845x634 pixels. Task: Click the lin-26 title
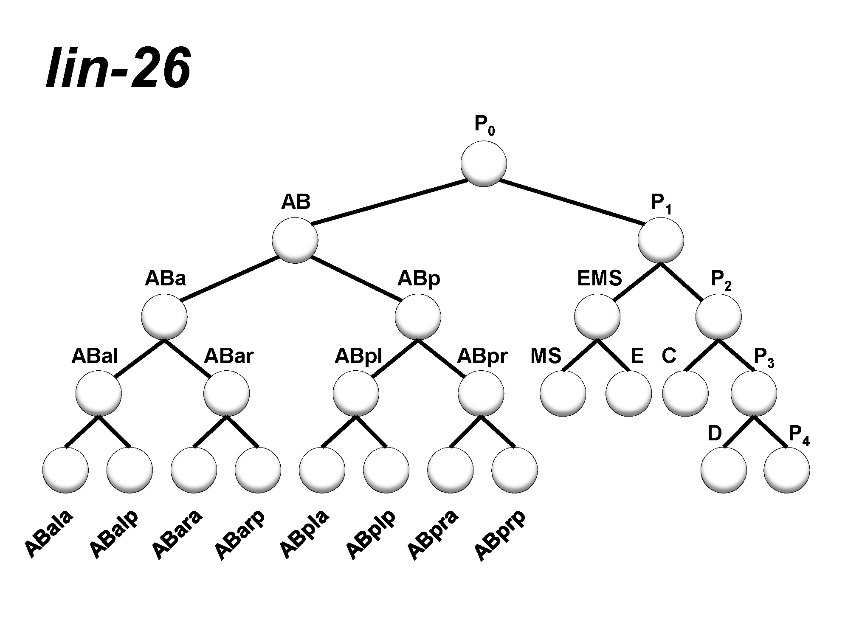click(x=118, y=68)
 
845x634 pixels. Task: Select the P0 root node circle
click(x=484, y=163)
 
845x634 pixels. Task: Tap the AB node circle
click(x=295, y=240)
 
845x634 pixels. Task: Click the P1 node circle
click(x=661, y=240)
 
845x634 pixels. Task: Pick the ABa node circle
click(x=164, y=317)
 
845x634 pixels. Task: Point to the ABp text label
click(x=419, y=279)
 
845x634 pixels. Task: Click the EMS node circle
click(x=597, y=317)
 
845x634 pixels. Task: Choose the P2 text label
click(x=721, y=280)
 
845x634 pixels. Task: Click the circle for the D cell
click(x=724, y=470)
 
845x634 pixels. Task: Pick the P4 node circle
click(x=786, y=470)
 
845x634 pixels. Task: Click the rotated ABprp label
click(x=499, y=535)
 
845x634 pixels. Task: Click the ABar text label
click(x=228, y=356)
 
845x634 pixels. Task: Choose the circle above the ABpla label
click(x=322, y=470)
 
